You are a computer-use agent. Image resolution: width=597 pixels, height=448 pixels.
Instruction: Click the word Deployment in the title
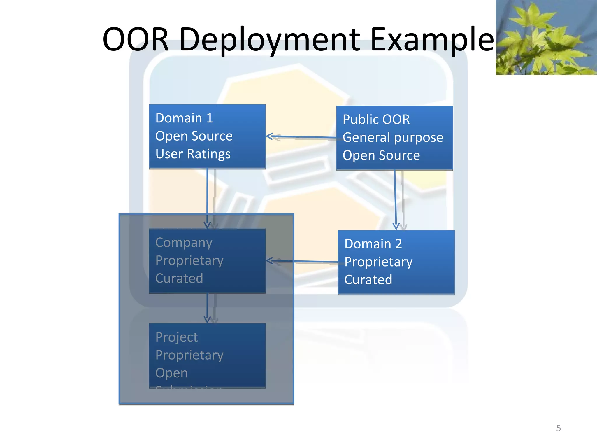(x=270, y=39)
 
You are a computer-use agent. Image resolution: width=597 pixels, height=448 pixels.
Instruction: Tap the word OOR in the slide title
(x=136, y=39)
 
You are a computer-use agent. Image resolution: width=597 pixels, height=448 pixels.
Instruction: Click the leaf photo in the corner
(x=546, y=37)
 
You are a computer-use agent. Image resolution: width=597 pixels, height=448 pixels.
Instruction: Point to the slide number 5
(x=558, y=428)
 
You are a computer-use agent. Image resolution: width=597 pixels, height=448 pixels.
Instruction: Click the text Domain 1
(x=184, y=118)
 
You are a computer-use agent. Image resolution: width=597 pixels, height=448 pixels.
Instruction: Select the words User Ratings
(x=193, y=154)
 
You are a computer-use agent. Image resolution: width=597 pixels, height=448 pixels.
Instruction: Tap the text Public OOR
(x=376, y=120)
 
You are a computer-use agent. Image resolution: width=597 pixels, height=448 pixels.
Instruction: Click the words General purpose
(x=393, y=137)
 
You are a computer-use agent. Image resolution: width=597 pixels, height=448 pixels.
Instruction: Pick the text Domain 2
(x=373, y=244)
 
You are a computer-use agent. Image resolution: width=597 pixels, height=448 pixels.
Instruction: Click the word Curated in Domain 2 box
(x=368, y=280)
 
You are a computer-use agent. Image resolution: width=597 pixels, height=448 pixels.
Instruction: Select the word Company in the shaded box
(x=184, y=243)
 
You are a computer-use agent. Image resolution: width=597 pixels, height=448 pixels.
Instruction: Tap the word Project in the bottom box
(x=177, y=337)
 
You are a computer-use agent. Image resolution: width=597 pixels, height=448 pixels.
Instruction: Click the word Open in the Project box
(x=171, y=373)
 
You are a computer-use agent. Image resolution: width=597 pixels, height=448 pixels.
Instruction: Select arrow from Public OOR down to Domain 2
(x=395, y=198)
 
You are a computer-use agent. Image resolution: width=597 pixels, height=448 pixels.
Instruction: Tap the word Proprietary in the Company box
(x=189, y=260)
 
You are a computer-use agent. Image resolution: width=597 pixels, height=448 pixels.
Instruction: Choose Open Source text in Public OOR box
(x=381, y=155)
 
